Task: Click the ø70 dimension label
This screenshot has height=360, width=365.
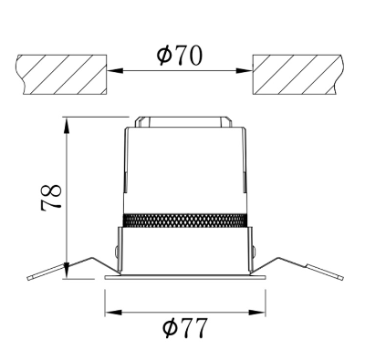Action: (179, 56)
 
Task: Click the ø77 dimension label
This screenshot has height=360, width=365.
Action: (185, 328)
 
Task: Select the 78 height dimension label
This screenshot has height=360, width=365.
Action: (51, 197)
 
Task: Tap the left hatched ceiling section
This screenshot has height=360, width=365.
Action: (62, 75)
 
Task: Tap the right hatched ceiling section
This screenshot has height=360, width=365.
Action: (299, 75)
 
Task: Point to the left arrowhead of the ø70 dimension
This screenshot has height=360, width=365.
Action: (115, 71)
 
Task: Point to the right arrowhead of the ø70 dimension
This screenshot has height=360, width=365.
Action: (245, 71)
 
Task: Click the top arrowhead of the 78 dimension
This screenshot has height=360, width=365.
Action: (67, 124)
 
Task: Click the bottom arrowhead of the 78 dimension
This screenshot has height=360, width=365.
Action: (67, 270)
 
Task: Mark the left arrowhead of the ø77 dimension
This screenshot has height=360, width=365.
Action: (113, 312)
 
